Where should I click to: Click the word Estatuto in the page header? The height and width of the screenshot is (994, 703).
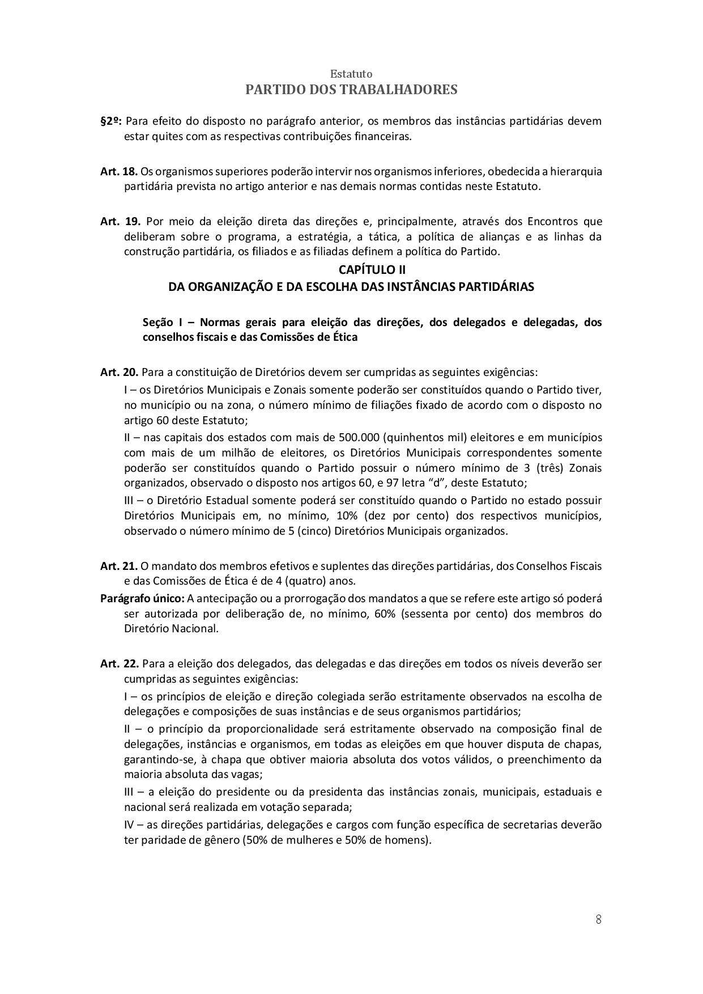click(351, 74)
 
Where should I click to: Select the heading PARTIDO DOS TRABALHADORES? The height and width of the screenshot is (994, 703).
click(351, 90)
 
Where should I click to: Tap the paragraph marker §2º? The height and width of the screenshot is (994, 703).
click(112, 121)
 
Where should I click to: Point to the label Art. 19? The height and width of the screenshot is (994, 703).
click(120, 221)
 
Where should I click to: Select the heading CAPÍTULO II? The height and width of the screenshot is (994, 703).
click(372, 270)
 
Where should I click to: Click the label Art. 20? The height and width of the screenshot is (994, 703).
click(119, 373)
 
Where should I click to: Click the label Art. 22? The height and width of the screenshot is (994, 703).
click(119, 663)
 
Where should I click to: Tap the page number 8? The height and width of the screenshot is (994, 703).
click(599, 920)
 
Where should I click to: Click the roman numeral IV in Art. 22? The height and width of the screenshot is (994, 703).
click(129, 824)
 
